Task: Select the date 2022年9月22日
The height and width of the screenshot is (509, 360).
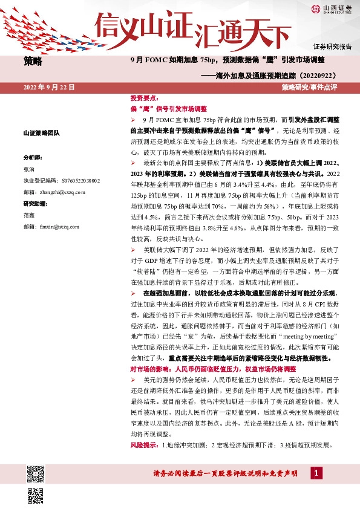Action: pyautogui.click(x=49, y=88)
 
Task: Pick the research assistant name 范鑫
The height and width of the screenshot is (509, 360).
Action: pyautogui.click(x=30, y=214)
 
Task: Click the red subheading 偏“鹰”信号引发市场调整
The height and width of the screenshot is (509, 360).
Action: pyautogui.click(x=169, y=108)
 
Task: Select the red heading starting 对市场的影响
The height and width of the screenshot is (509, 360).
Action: pyautogui.click(x=213, y=369)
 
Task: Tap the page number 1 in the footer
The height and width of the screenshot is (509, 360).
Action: pyautogui.click(x=315, y=473)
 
